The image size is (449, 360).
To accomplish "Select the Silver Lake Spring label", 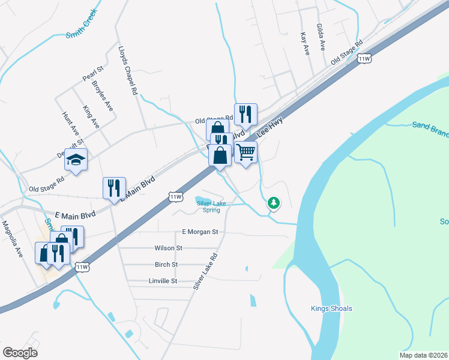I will [208, 207].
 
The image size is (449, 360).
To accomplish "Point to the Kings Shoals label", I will [331, 309].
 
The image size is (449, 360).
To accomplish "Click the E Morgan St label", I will [199, 232].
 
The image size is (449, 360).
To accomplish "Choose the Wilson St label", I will [168, 248].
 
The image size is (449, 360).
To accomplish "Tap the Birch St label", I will [166, 265].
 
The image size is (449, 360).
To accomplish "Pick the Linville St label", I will [163, 281].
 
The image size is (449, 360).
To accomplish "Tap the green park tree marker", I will [274, 203].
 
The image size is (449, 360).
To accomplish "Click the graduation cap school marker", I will [76, 160].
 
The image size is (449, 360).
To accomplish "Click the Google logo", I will [20, 353].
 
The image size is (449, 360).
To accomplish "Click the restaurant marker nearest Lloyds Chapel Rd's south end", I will [113, 188].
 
